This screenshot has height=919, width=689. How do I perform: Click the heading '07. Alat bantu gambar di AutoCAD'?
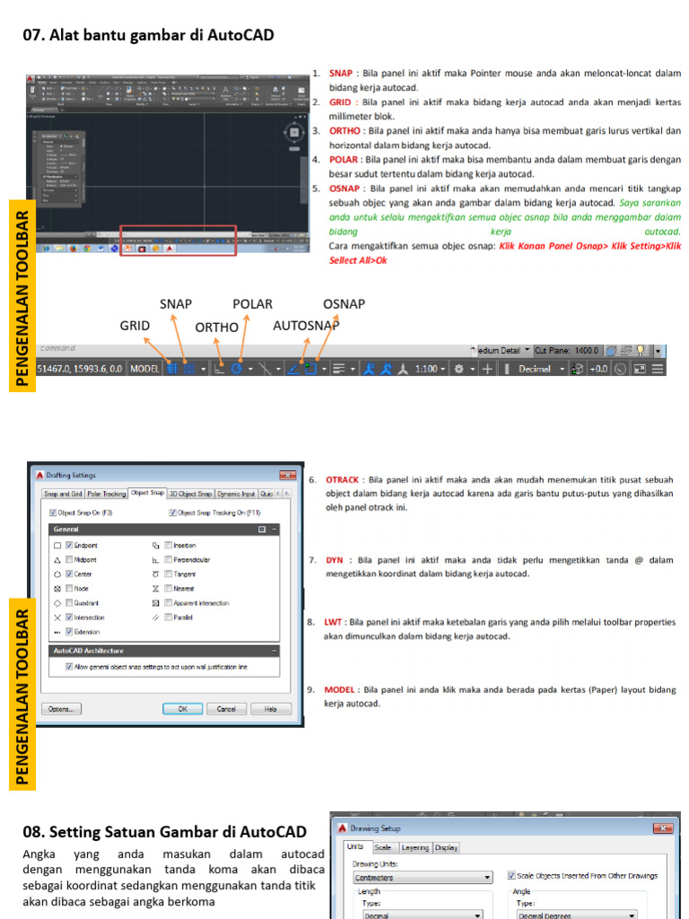pos(148,36)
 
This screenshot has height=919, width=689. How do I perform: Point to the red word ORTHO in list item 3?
pos(345,131)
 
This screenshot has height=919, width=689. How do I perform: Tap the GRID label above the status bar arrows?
pos(135,326)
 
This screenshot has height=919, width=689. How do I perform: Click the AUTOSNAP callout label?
pos(306,326)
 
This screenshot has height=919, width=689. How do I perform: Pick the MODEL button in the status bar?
pos(144,369)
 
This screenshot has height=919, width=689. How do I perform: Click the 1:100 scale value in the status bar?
pos(426,369)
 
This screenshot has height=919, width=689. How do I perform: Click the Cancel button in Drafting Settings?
pos(226,708)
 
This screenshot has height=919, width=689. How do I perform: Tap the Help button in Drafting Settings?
pos(270,708)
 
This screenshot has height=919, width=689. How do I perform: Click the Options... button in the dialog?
pos(61,708)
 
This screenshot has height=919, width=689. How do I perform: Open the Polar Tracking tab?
pos(106,494)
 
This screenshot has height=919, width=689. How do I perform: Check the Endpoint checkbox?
pos(68,546)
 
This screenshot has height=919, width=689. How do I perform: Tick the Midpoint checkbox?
pos(68,560)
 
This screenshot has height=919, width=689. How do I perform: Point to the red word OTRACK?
pos(342,480)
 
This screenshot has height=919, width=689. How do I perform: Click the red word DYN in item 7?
pos(335,560)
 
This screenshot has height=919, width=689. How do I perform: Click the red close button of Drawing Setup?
pos(663,828)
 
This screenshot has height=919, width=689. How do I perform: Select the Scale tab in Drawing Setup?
pos(382,847)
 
